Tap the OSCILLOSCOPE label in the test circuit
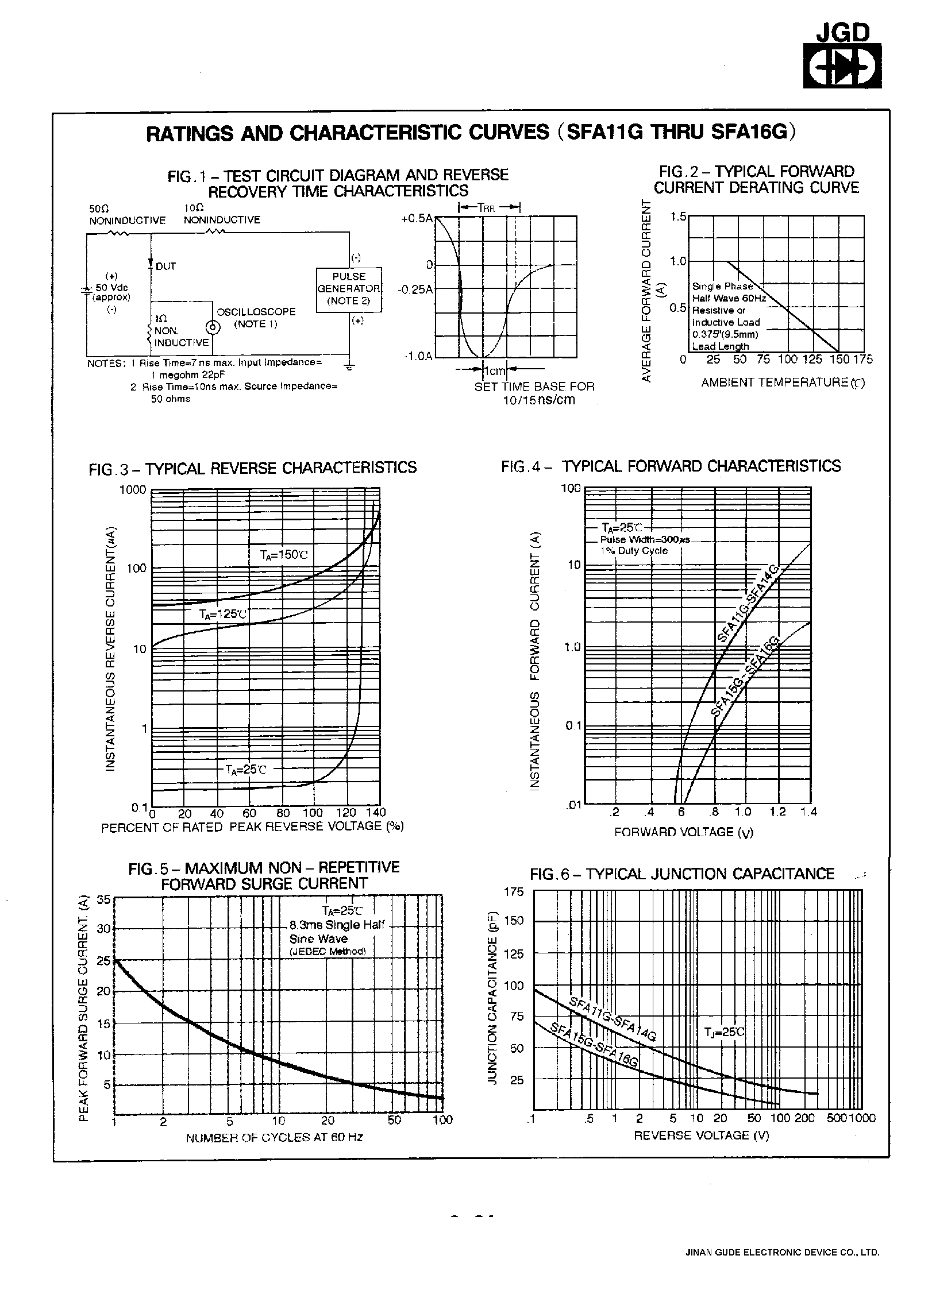tap(256, 312)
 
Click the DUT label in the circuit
tap(165, 266)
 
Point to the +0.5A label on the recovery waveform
tap(417, 219)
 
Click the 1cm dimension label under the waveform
tap(495, 370)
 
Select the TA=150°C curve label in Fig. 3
tap(284, 555)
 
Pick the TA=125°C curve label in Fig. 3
tap(223, 614)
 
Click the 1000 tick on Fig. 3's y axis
tap(133, 490)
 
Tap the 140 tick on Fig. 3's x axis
tap(376, 813)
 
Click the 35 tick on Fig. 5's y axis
tap(103, 901)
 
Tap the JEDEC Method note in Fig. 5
tap(327, 951)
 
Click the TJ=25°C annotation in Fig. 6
tap(724, 1032)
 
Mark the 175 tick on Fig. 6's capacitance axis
tap(514, 892)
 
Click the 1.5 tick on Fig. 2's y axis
tap(678, 217)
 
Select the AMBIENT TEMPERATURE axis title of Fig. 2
tap(782, 383)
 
